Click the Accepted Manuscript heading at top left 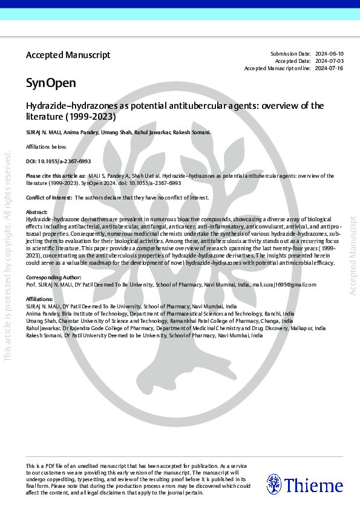68,55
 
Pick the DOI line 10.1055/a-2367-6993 58,162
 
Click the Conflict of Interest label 49,198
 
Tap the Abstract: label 37,212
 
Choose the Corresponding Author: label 53,277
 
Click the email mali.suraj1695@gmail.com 284,284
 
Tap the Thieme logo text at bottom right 313,485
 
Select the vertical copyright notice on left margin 8,254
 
